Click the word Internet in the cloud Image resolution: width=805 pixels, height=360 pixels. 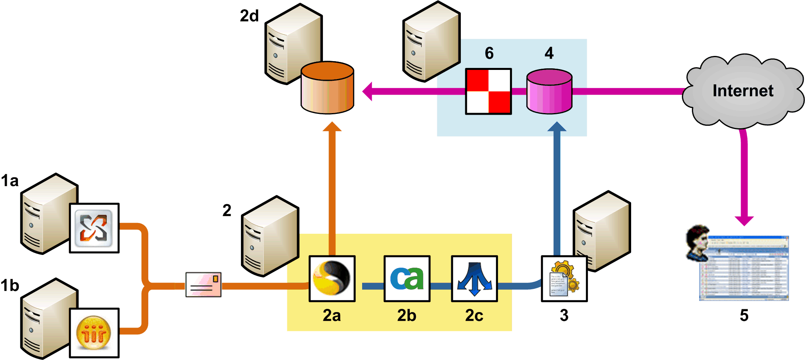tap(743, 91)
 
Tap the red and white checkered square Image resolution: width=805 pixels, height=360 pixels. tap(488, 91)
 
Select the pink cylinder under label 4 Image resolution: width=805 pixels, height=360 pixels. tap(549, 91)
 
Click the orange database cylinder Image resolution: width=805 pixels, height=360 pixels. tap(327, 88)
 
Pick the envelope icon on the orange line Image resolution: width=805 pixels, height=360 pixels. tap(203, 285)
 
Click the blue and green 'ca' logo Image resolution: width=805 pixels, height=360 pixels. tap(407, 278)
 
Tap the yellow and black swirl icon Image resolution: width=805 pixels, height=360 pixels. tap(332, 278)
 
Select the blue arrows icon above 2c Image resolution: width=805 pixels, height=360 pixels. tap(474, 278)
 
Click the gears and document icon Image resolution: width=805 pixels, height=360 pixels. tap(564, 278)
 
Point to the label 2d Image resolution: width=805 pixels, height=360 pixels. tap(249, 16)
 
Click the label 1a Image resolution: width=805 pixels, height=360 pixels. tap(10, 181)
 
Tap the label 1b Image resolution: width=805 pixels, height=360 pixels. tap(10, 286)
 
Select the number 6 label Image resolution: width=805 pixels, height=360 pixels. tap(489, 53)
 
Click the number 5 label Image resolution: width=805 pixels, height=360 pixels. tap(744, 315)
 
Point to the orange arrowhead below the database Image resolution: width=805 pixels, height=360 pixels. tap(332, 127)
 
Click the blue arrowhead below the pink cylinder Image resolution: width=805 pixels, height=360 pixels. tap(557, 127)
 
